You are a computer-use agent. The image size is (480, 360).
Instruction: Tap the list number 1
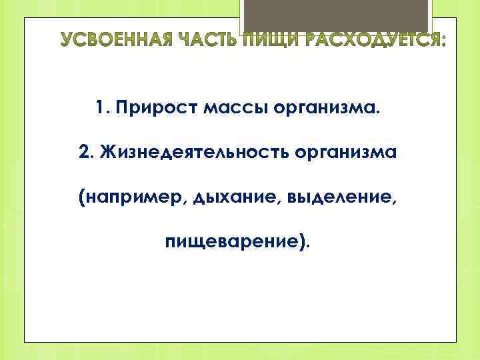(100, 107)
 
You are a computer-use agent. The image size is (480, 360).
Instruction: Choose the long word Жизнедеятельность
(186, 152)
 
